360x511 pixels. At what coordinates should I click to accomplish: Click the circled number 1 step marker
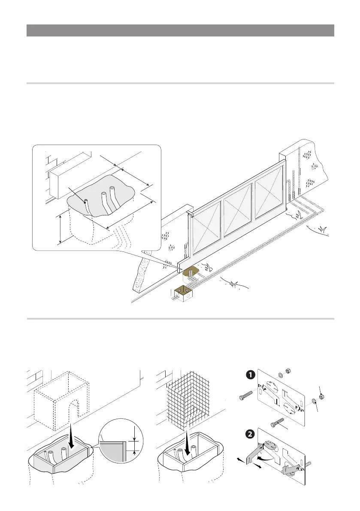pos(249,375)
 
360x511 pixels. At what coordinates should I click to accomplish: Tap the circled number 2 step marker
pos(249,434)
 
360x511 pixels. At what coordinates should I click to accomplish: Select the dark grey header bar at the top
pos(180,30)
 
